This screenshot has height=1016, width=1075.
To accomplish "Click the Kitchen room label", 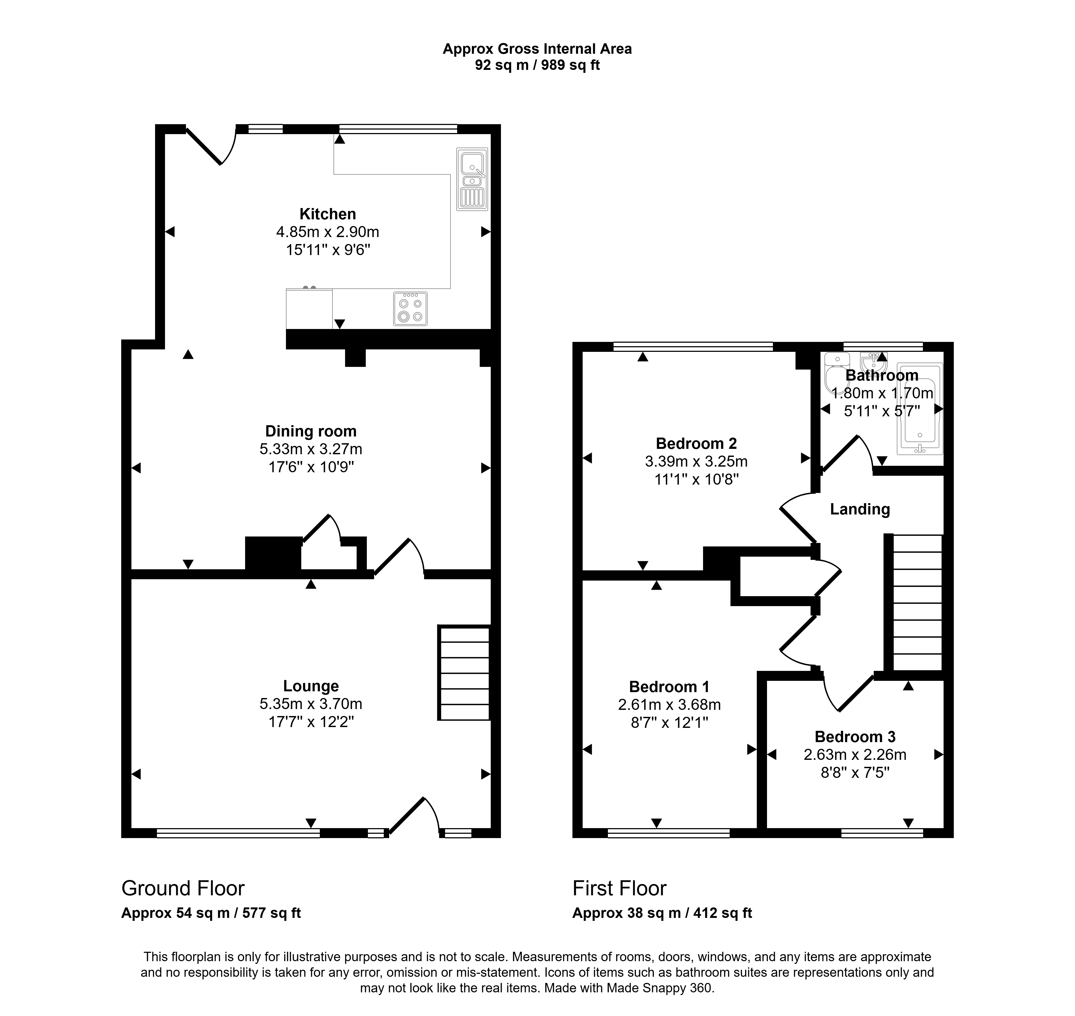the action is click(x=328, y=214).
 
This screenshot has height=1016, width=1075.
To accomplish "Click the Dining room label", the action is click(x=311, y=431).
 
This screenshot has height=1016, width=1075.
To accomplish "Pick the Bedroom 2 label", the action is click(x=696, y=443).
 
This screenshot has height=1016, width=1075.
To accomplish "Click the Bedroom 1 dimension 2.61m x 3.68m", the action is click(x=669, y=704).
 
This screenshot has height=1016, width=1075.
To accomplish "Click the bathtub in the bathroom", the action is click(x=920, y=409).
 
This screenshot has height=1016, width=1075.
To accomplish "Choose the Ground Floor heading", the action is click(x=183, y=888).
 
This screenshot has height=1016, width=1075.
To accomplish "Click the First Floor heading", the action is click(x=619, y=888).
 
